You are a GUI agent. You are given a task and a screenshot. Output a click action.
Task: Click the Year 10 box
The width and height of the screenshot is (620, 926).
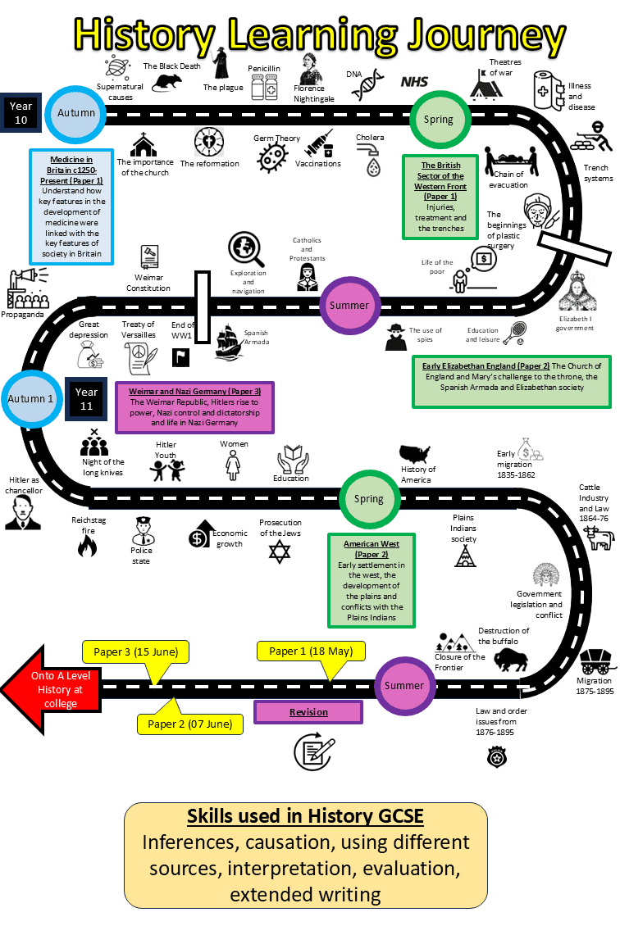click(x=20, y=113)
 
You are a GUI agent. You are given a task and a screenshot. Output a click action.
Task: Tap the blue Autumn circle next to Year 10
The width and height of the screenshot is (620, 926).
click(x=76, y=113)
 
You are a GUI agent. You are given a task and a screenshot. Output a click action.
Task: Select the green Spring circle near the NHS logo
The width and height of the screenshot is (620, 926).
click(x=438, y=120)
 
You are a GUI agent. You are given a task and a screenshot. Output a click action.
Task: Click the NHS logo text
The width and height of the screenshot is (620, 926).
click(x=414, y=81)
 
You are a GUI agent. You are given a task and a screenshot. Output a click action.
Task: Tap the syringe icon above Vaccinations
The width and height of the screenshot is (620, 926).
click(x=318, y=144)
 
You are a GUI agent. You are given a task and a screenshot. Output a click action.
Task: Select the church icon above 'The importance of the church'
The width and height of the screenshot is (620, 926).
click(x=144, y=145)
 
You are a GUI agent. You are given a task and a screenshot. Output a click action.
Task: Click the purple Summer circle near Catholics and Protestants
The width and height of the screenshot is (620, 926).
click(x=349, y=305)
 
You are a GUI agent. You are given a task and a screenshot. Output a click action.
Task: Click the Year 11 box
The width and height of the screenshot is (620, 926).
click(x=86, y=399)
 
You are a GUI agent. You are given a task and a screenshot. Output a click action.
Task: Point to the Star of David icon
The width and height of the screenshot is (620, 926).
click(x=280, y=552)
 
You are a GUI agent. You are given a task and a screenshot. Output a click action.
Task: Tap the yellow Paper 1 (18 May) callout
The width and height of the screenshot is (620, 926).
click(x=311, y=652)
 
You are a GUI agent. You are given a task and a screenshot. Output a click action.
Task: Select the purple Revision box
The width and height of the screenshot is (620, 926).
click(x=308, y=712)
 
